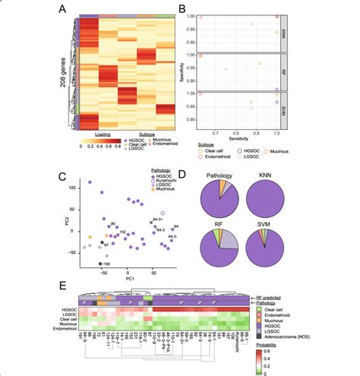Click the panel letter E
click(61, 285)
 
